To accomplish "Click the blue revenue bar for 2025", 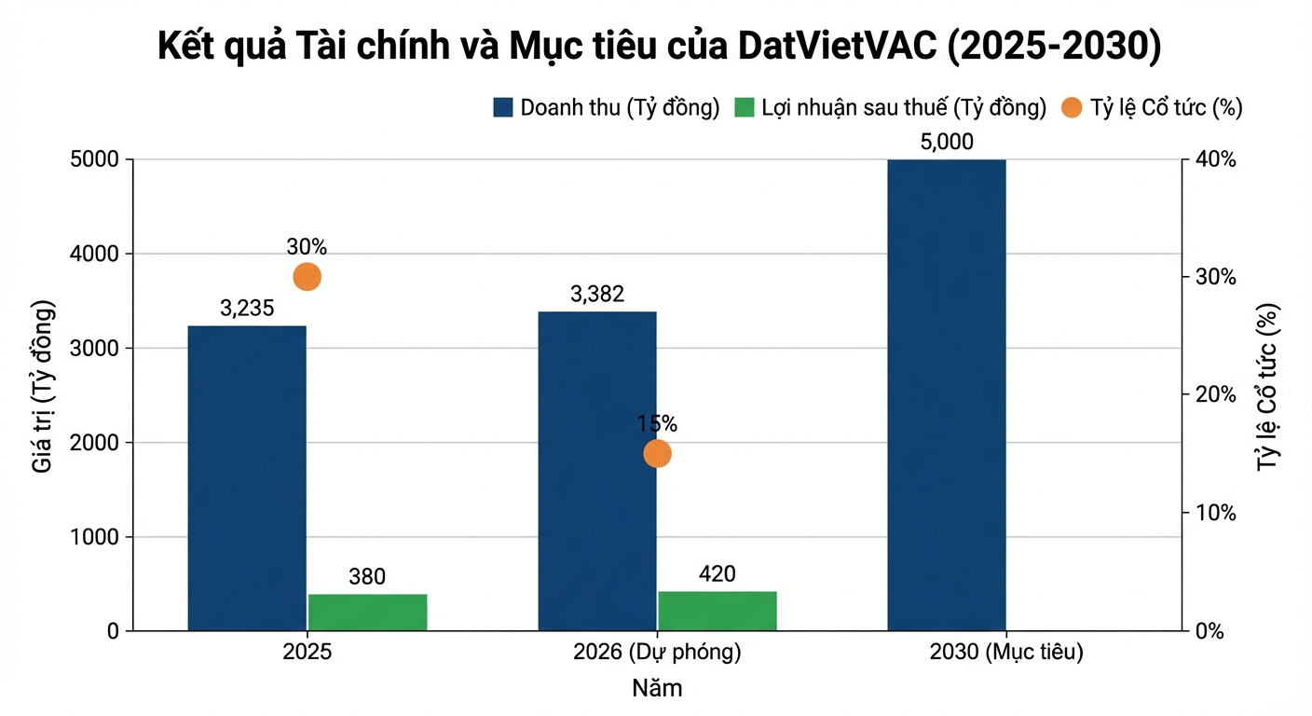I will point(247,477).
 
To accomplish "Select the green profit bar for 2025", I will point(367,612).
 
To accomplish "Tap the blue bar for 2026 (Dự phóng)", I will point(597,471).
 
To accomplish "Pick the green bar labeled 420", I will point(717,610).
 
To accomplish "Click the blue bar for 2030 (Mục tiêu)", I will point(947,394).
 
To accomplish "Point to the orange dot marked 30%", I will point(307,277).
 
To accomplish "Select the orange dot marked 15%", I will point(657,454).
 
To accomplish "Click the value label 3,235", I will point(247,309).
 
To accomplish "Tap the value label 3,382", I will point(597,295).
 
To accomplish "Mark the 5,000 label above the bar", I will point(947,142).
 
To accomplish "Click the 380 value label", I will point(367,577).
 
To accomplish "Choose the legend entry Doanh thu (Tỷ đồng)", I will point(607,107).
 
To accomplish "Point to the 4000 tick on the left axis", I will point(95,254).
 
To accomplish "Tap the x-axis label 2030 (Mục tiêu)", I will point(1006,653).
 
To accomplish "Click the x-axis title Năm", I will point(657,689).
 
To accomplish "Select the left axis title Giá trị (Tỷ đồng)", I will point(43,387).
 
